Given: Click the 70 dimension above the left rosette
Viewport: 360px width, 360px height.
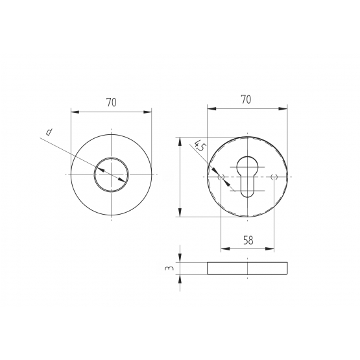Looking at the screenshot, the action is [112, 102].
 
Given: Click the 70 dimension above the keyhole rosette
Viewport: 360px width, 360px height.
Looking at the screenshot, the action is [246, 100].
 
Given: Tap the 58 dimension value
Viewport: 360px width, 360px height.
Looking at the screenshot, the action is [248, 241].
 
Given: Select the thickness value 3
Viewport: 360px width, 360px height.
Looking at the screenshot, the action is [169, 268].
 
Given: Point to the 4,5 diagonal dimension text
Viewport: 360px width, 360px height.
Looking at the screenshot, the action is [199, 146].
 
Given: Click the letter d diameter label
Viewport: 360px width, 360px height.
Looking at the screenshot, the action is [49, 132].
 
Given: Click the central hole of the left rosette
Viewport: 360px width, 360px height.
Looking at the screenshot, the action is [112, 174].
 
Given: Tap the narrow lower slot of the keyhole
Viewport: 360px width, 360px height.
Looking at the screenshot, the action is [247, 186].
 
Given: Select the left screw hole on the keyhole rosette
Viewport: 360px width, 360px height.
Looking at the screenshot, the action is [221, 177].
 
